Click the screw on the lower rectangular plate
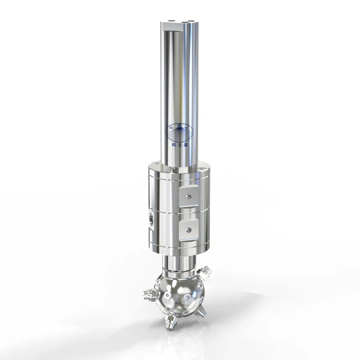(190, 230)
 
